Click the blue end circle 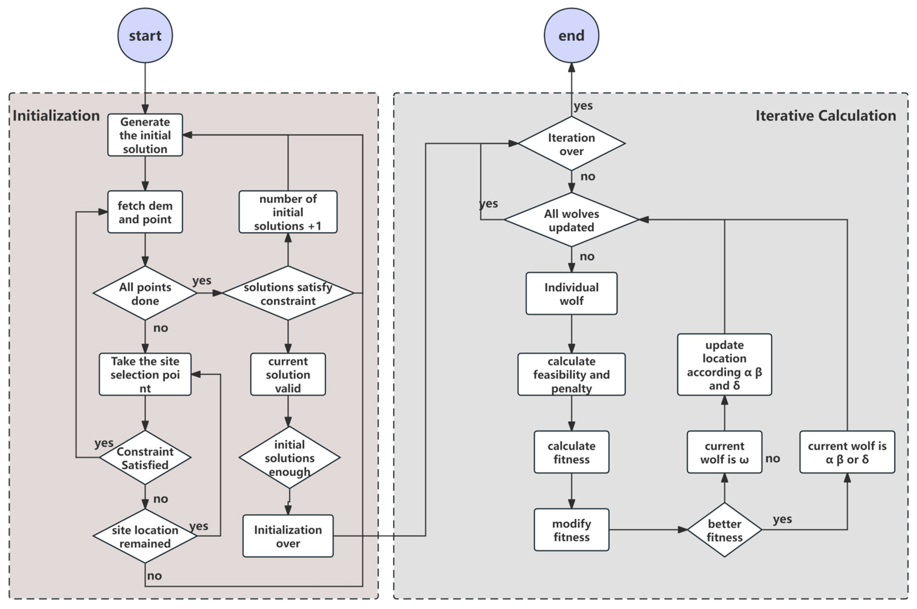[571, 35]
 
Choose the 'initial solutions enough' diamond [289, 458]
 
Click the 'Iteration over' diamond [571, 144]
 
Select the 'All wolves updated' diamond [571, 220]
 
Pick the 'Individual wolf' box [571, 294]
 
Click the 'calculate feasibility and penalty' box [571, 374]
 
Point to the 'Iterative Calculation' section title [825, 116]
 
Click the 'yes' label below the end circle [583, 106]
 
